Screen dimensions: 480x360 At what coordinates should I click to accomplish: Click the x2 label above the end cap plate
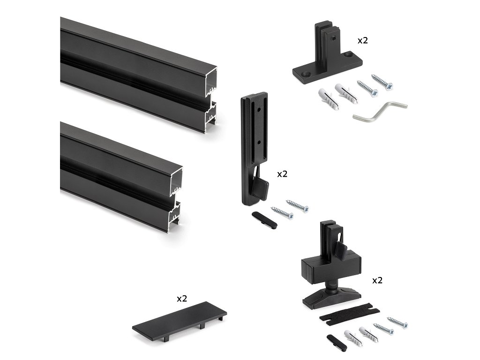(182, 299)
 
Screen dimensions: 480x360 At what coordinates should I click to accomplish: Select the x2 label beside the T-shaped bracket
(363, 40)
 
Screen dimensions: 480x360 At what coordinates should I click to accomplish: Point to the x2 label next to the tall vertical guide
(282, 174)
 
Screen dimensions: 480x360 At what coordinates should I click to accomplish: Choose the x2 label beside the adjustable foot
(377, 280)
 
